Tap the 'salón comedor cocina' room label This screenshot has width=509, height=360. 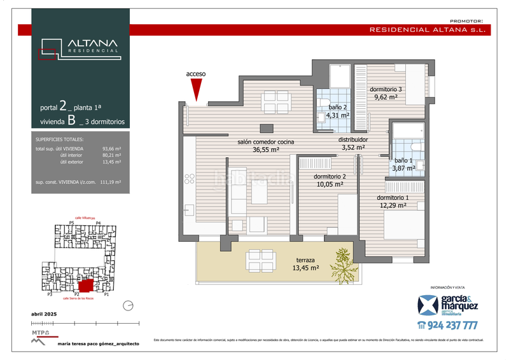pos(266,142)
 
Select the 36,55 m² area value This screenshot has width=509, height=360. pos(266,150)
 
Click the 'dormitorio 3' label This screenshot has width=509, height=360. pos(386,90)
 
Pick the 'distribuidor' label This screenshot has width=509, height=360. pos(352,139)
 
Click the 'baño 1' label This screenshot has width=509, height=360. pos(403,160)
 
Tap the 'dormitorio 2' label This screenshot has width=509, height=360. pos(330,176)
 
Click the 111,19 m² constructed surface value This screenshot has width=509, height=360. pos(111,181)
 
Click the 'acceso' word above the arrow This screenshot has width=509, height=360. pos(196,74)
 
